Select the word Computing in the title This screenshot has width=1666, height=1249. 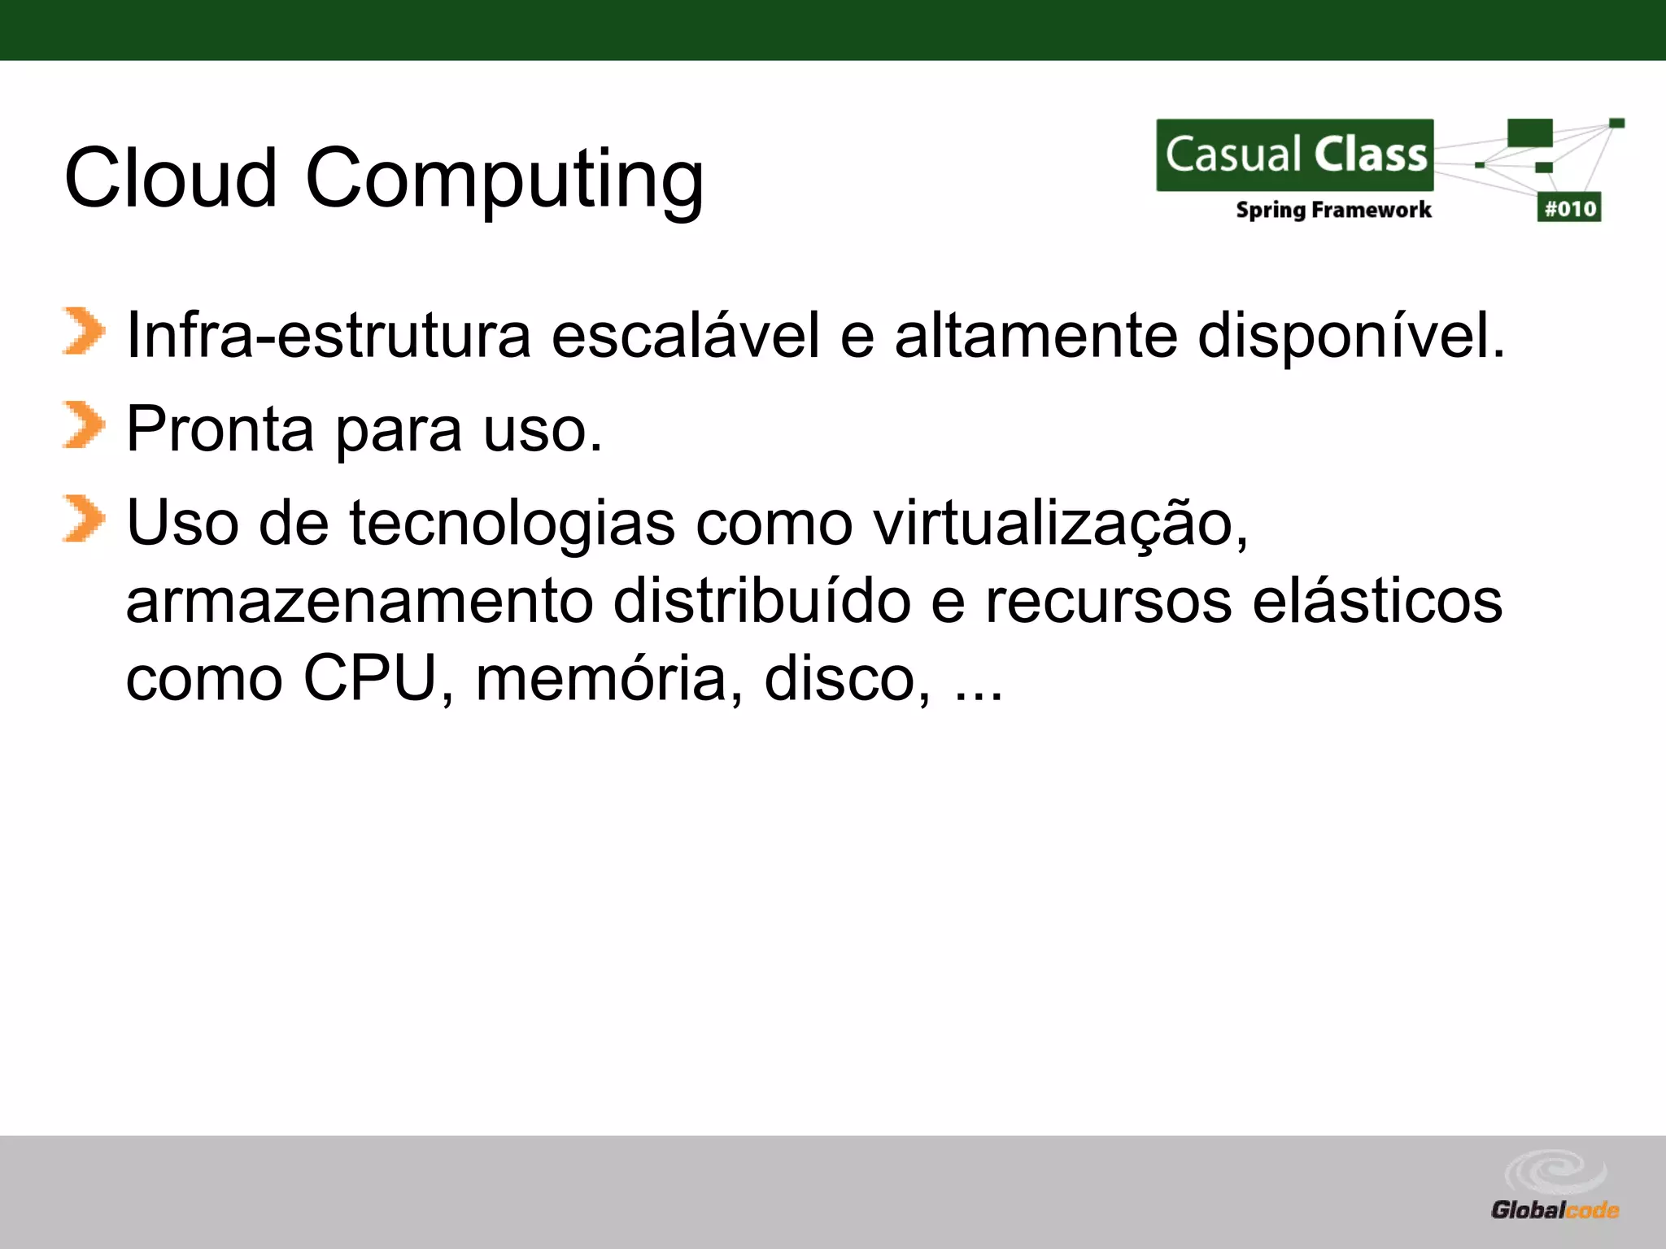coord(504,181)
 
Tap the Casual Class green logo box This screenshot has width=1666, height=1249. coord(1295,154)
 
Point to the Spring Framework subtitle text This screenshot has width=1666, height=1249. coord(1333,210)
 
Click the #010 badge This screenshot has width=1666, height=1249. coord(1569,208)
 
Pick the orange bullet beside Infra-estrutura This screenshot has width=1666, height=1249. coord(83,331)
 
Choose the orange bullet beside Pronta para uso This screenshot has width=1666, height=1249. coord(83,424)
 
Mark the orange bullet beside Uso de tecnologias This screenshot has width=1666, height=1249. coord(83,518)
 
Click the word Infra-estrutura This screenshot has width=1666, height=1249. coord(329,335)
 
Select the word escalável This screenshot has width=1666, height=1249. coord(686,335)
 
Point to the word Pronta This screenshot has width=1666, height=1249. coord(220,429)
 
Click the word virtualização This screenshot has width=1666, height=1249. coord(1060,523)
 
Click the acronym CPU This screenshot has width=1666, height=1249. coord(371,678)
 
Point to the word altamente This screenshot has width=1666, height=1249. coord(1036,335)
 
